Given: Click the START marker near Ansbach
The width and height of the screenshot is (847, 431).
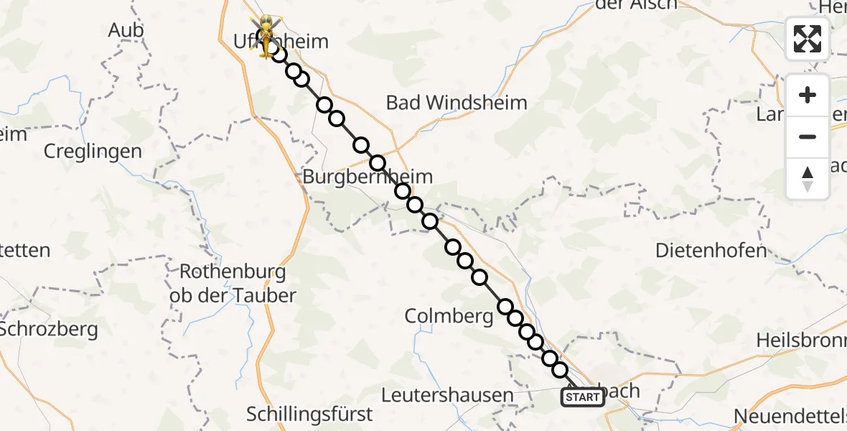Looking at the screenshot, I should click(582, 397).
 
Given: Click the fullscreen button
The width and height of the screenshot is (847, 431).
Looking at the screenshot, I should click(808, 39).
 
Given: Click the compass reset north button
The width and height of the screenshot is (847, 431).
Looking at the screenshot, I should click(808, 179).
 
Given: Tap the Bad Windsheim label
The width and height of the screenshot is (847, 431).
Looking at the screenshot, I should click(457, 103).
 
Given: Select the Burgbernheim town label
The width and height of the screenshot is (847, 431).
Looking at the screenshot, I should click(368, 177).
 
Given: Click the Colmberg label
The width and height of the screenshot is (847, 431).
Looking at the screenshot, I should click(449, 316).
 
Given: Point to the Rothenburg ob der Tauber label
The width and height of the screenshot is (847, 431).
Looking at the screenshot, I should click(233, 284).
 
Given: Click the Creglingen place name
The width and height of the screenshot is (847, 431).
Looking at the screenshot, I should click(93, 152).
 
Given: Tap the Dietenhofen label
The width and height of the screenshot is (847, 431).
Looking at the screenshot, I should click(711, 251).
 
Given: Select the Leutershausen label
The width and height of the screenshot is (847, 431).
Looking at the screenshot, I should click(447, 394).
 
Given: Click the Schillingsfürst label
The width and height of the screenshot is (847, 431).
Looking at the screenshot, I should click(309, 414).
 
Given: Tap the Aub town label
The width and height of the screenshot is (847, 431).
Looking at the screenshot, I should click(126, 30).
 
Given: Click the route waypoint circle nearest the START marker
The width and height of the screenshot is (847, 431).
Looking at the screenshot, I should click(560, 370).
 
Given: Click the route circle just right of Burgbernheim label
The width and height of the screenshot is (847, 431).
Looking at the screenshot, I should click(403, 191).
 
